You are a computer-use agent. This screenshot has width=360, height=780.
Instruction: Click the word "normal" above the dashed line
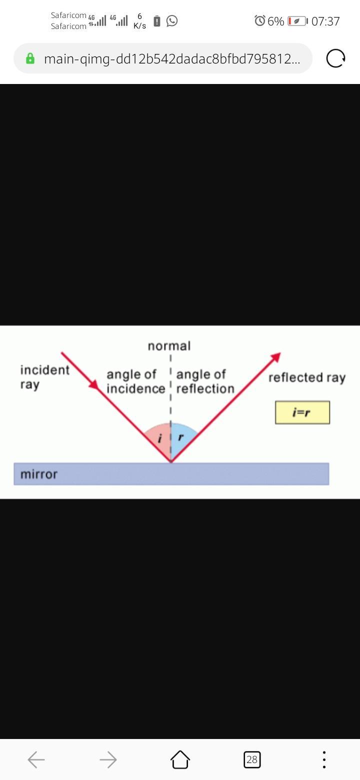tap(169, 346)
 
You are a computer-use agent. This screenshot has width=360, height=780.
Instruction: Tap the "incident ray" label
tap(44, 377)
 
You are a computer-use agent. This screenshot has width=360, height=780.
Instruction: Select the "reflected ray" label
tap(307, 377)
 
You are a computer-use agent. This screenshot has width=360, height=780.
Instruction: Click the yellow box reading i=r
tap(302, 412)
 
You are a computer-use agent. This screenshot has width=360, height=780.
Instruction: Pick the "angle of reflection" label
tap(205, 381)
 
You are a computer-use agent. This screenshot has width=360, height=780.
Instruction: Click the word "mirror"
tap(39, 474)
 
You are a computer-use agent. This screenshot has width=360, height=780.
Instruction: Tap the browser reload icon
tap(335, 58)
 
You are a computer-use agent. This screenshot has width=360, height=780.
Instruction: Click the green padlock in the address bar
tap(30, 58)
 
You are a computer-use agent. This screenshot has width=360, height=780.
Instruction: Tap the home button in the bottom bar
tap(180, 760)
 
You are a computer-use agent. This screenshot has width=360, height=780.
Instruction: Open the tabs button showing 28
tap(252, 760)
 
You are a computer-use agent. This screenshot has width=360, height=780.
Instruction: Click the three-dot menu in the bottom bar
tap(324, 760)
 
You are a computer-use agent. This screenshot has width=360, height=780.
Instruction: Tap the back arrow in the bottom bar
tap(36, 760)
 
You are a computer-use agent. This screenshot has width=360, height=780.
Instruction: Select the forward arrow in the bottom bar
tap(108, 760)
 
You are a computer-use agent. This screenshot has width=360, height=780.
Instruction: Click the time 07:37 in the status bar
tap(325, 21)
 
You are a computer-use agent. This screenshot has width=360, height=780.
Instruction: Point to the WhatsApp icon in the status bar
tap(172, 21)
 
